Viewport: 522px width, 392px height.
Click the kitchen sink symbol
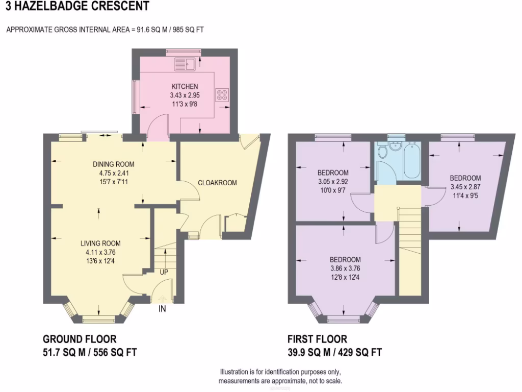click(185, 64)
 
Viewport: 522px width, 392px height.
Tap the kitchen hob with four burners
click(223, 95)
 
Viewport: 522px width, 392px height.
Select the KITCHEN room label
click(185, 87)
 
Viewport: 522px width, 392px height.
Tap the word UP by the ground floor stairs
click(164, 272)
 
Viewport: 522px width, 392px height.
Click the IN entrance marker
click(163, 308)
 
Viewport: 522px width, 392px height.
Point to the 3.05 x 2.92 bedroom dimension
click(333, 181)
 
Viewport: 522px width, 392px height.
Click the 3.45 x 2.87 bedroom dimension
click(465, 187)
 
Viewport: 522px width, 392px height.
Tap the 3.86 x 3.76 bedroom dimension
click(345, 268)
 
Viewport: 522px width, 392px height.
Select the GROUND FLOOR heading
click(80, 339)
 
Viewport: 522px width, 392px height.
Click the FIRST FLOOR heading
click(317, 339)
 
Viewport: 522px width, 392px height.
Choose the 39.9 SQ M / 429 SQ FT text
click(334, 352)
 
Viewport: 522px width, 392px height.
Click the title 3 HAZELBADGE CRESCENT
click(75, 7)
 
